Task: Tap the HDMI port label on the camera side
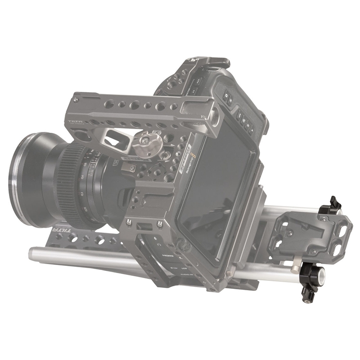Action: (167, 255)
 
